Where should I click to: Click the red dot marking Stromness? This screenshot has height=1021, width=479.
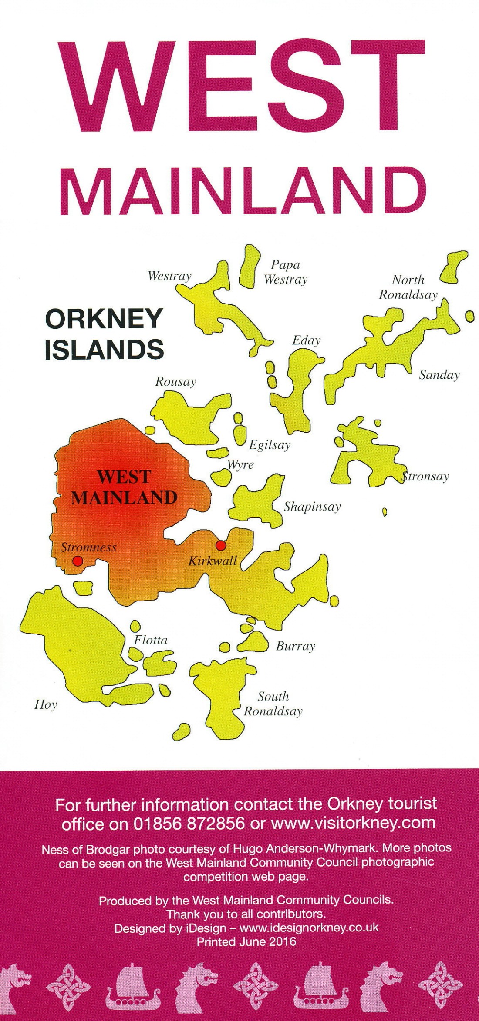[78, 561]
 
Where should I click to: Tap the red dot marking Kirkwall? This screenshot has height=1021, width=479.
[221, 545]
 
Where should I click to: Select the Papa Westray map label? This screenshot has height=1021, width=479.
[285, 272]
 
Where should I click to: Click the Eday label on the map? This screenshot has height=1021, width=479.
[306, 340]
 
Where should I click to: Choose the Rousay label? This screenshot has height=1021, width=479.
[175, 382]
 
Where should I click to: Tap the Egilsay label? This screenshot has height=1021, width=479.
[270, 445]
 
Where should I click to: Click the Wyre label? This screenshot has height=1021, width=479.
[241, 464]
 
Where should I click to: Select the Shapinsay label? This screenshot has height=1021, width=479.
[312, 507]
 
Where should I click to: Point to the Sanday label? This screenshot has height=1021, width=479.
[439, 375]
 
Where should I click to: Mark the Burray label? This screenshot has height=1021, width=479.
[295, 646]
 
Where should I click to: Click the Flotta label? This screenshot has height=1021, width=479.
[151, 640]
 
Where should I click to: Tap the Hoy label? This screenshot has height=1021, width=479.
[46, 704]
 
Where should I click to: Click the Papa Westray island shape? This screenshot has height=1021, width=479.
[250, 266]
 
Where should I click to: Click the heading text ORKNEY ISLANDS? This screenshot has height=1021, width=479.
[105, 334]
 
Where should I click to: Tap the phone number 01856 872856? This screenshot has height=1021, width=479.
[189, 823]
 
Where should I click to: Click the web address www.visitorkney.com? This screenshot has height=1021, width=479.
[353, 823]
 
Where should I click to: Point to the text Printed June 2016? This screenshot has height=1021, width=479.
[246, 942]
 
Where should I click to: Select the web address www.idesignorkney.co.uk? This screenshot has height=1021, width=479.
[309, 928]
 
